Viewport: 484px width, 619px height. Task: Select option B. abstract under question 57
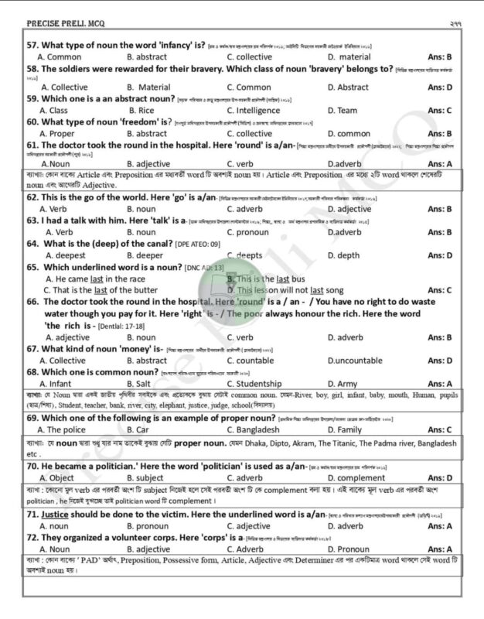[146, 57]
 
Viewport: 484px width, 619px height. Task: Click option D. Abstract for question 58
[348, 87]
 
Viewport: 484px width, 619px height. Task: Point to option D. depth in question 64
[344, 255]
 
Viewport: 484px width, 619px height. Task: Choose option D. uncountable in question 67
[354, 361]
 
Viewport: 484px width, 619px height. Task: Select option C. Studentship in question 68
[259, 384]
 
